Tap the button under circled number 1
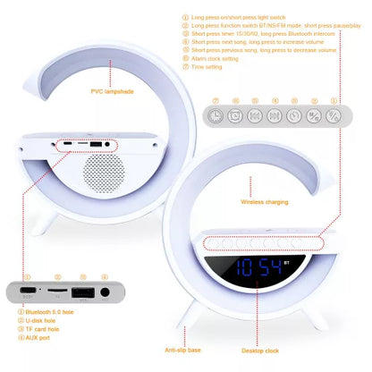[334, 115]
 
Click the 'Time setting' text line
[213, 66]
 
